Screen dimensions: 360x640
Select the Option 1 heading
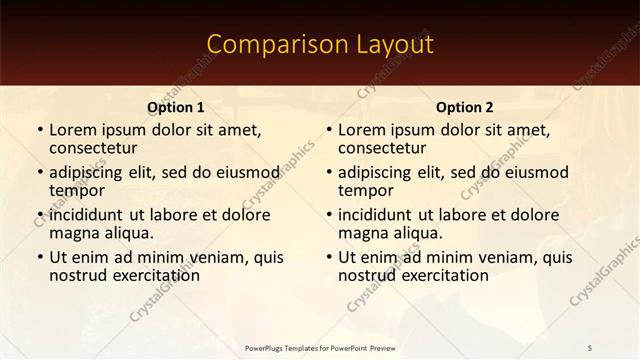coord(176,107)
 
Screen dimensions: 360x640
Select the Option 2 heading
coord(465,107)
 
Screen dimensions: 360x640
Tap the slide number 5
coord(590,347)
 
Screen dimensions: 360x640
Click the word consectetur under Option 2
coord(382,148)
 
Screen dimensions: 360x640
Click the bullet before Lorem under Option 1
coord(39,130)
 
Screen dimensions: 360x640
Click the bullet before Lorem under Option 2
coord(328,130)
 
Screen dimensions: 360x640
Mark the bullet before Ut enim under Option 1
coord(39,257)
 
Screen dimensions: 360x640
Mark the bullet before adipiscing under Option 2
coord(328,172)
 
